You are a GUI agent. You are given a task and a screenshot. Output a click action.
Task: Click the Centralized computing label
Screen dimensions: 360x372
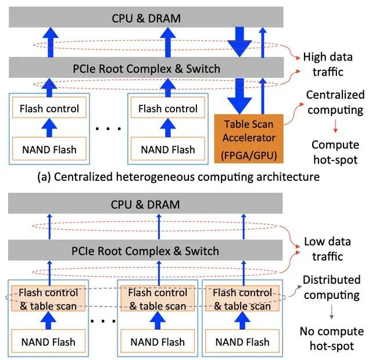[x=335, y=102]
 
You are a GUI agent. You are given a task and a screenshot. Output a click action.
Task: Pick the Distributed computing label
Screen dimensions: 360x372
[x=332, y=287]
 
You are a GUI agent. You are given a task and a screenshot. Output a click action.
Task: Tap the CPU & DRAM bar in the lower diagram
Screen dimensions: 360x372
[x=146, y=205]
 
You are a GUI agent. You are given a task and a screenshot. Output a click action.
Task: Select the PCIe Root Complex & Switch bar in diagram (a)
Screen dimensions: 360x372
[x=146, y=69]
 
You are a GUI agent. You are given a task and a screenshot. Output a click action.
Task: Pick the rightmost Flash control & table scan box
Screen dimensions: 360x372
[x=242, y=298]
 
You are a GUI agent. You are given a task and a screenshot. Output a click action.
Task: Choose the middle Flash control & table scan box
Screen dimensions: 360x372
[x=158, y=298]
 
